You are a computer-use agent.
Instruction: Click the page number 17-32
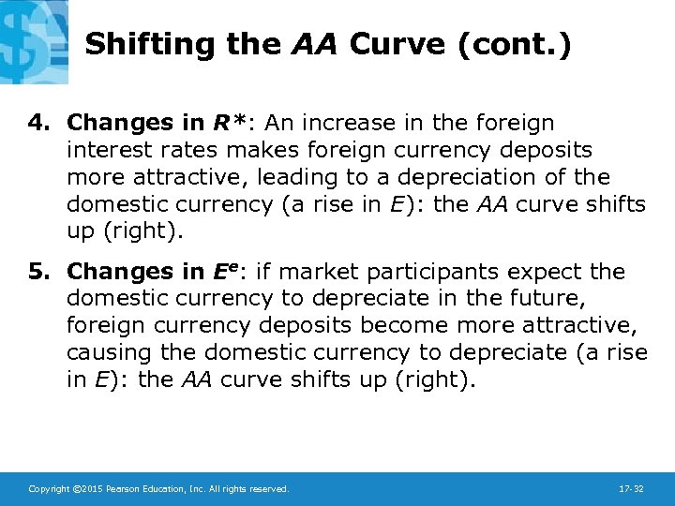tap(632, 489)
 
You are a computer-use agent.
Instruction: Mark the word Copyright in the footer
tap(49, 489)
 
